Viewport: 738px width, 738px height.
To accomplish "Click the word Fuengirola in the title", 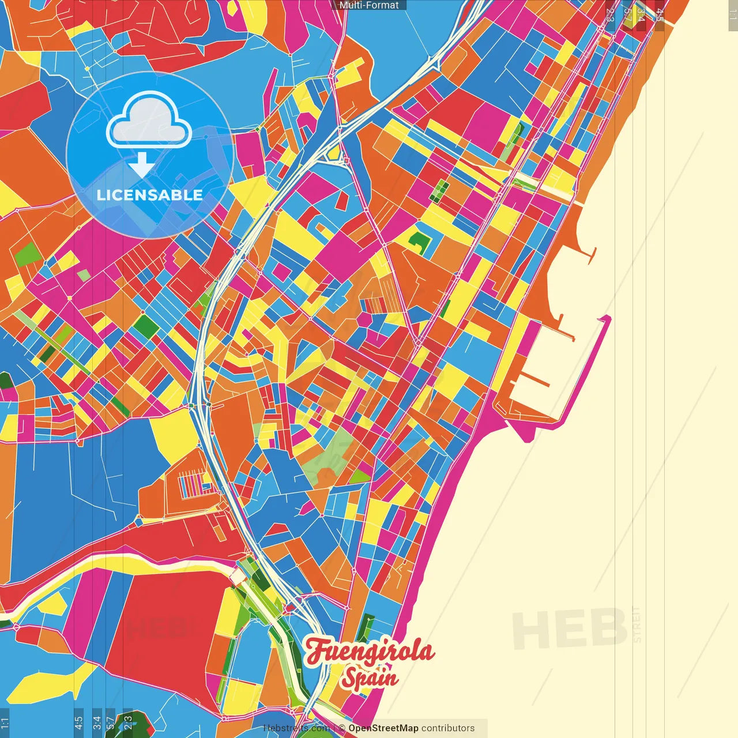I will pyautogui.click(x=369, y=652).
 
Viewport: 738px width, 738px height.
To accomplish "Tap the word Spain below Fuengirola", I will pyautogui.click(x=369, y=677).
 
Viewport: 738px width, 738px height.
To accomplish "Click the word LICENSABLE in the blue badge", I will pyautogui.click(x=150, y=195).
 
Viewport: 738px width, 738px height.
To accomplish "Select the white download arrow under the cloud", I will pyautogui.click(x=141, y=165).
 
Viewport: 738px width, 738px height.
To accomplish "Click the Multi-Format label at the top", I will pyautogui.click(x=369, y=5).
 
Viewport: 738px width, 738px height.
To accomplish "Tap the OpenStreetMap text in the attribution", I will pyautogui.click(x=383, y=728).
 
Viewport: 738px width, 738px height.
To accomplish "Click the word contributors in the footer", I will pyautogui.click(x=448, y=728).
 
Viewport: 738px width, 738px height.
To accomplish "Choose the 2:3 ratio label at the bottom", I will pyautogui.click(x=128, y=721).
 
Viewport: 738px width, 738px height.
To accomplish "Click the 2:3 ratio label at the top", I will pyautogui.click(x=610, y=15).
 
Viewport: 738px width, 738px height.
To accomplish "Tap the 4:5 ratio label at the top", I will pyautogui.click(x=660, y=15).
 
